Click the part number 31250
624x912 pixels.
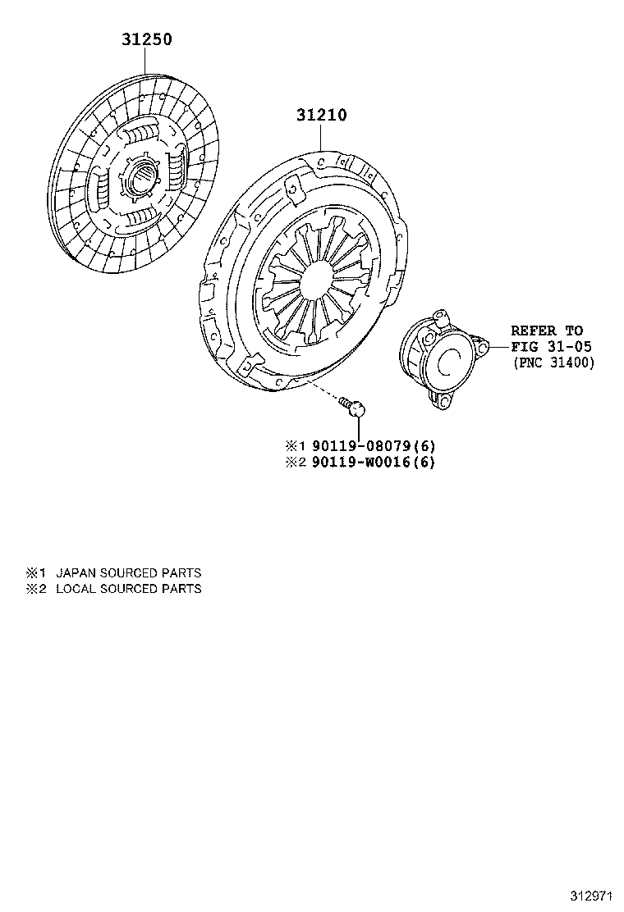147,39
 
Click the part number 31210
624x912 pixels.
321,116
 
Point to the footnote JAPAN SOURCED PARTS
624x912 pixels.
128,573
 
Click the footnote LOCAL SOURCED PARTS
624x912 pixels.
128,589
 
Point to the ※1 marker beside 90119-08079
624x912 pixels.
295,445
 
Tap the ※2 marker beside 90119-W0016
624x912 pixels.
295,462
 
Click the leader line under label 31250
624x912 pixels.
146,62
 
